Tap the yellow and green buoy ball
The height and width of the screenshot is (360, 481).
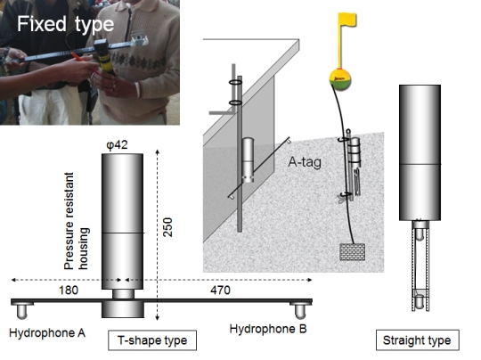[x=340, y=79]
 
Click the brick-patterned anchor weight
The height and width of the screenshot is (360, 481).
[x=353, y=252]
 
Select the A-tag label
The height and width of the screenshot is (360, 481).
[x=305, y=162]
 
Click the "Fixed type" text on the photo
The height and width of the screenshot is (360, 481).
[x=65, y=24]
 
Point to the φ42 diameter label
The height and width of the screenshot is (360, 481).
[x=117, y=144]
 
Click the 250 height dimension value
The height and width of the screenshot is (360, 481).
[x=167, y=227]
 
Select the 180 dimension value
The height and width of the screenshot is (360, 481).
[x=69, y=290]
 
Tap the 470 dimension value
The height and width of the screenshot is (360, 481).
[x=220, y=290]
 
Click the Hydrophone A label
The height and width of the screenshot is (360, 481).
[x=47, y=333]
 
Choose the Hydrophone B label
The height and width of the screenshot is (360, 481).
[x=268, y=329]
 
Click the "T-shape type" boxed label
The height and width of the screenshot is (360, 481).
[x=152, y=340]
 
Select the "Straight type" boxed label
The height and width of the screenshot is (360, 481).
[x=417, y=340]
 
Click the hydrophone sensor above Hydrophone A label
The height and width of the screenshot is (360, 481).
[x=21, y=310]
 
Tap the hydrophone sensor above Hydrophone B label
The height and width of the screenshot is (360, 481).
[x=300, y=310]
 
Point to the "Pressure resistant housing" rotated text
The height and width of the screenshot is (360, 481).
[x=77, y=221]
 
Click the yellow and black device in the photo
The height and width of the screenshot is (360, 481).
[x=104, y=57]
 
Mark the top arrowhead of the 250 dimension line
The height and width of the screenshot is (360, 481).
[x=158, y=151]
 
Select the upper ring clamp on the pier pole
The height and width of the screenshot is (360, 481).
[x=236, y=82]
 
